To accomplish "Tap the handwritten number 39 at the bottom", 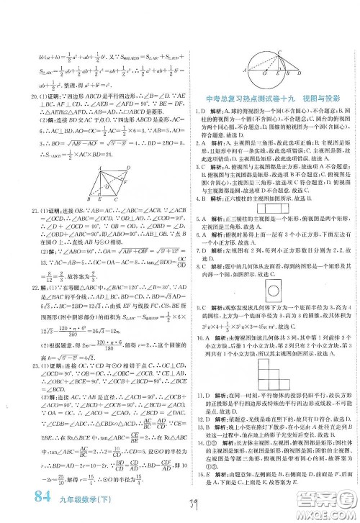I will click(x=208, y=505).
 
